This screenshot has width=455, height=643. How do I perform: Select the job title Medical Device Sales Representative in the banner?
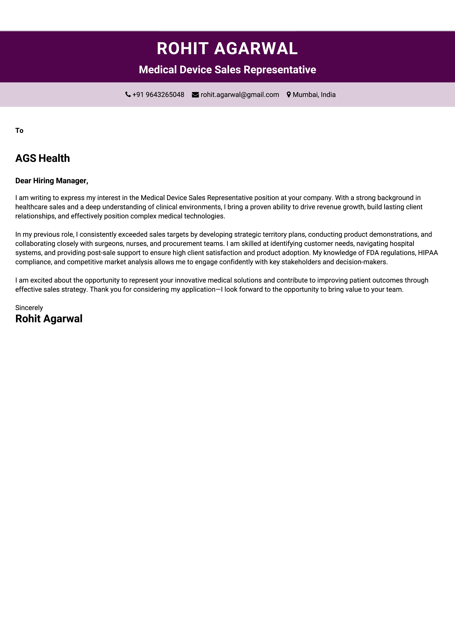pos(227,70)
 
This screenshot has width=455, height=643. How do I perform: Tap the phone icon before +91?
pos(128,94)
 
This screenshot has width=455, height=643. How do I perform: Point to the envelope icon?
pos(195,95)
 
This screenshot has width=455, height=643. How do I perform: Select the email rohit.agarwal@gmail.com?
pos(240,95)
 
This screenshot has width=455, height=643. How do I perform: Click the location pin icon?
pos(289,95)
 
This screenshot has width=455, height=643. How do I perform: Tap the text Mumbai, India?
pos(314,95)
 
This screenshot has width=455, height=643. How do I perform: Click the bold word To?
pos(19,131)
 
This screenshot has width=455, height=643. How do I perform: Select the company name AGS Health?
pos(43,158)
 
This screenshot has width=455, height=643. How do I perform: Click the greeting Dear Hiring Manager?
pos(52,181)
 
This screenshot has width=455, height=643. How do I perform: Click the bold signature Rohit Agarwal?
pos(49,319)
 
